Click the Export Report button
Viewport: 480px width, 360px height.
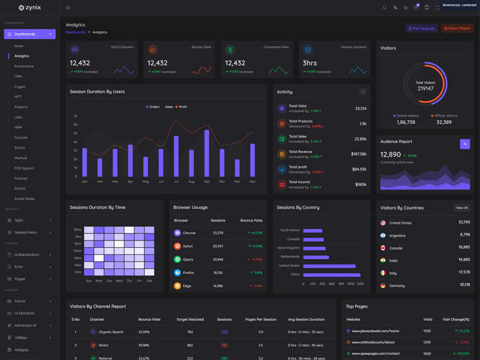coord(457,28)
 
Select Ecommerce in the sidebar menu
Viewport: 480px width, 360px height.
coord(24,66)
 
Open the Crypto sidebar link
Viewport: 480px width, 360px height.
coord(20,86)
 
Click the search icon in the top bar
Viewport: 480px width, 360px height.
coord(385,8)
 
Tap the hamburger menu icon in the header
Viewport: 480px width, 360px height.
coord(68,8)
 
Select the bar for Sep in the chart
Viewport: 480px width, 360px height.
coord(207,153)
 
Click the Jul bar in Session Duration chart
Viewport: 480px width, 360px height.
coord(176,156)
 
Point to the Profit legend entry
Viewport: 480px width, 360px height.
coord(182,107)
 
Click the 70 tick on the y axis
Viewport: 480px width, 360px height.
coord(76,116)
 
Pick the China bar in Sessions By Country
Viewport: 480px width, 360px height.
coord(332,275)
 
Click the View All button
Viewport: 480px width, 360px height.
coord(461,208)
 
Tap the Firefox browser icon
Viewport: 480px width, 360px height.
coord(177,272)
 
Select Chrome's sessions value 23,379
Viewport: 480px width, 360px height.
coord(218,233)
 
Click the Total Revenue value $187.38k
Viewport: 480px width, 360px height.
coord(359,154)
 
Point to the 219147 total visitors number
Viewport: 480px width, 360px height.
coord(425,88)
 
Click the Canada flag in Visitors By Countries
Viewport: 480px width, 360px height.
coord(383,248)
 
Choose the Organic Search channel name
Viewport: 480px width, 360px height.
coord(111,332)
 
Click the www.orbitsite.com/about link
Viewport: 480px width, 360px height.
coord(373,342)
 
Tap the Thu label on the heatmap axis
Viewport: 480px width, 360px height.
coord(129,280)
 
